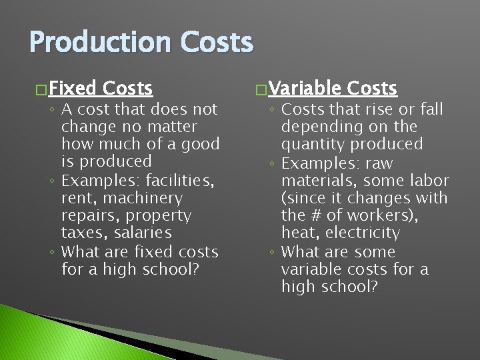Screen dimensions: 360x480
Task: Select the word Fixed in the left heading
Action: tap(72, 88)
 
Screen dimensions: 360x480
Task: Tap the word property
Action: tap(162, 215)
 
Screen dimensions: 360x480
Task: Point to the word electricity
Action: tap(363, 233)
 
